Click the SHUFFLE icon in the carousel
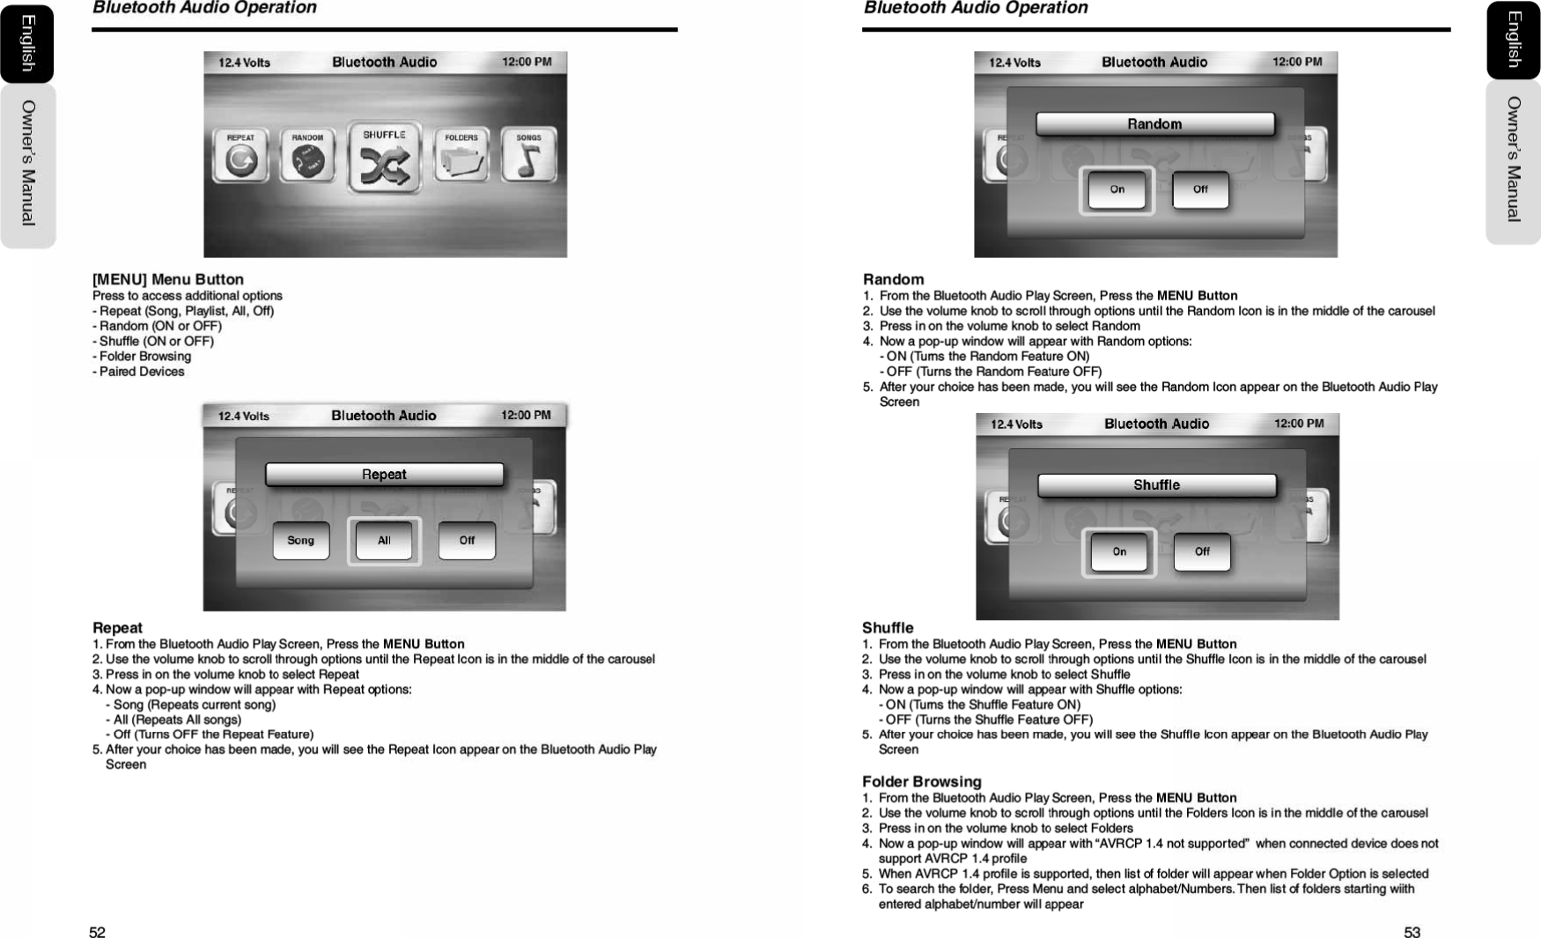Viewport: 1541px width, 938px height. pos(385,159)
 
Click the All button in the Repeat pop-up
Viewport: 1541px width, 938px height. pos(384,541)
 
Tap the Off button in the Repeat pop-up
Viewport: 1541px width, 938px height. pos(467,541)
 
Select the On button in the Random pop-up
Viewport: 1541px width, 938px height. pos(1117,190)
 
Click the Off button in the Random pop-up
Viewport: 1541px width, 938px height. pos(1200,190)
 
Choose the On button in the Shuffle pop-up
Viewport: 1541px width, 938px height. pos(1119,552)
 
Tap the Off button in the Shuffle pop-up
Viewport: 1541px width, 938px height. pos(1202,552)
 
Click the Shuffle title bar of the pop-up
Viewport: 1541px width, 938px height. pos(1156,485)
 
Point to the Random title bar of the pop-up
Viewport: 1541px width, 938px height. pos(1154,124)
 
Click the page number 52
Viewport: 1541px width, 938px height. pos(97,933)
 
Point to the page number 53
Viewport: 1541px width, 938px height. pos(1412,933)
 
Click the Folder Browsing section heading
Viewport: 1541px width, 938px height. pos(921,781)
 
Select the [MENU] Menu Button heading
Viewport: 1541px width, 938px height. pos(168,279)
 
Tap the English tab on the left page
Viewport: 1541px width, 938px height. pos(27,43)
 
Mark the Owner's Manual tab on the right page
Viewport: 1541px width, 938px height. pos(1513,159)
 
